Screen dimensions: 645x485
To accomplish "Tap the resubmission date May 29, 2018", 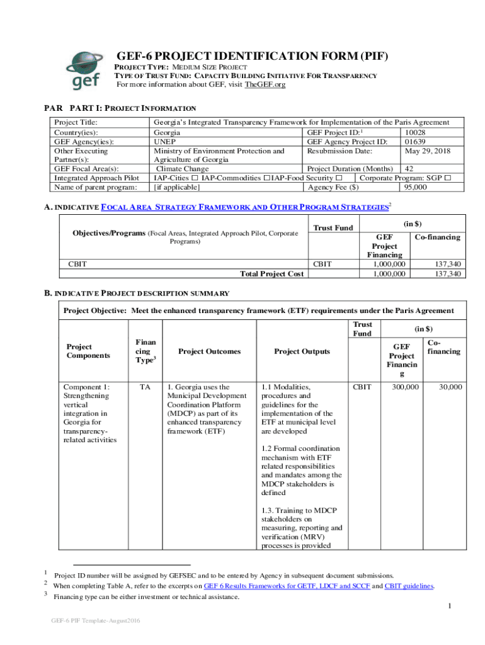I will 427,151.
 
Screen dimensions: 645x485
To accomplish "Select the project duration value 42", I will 409,169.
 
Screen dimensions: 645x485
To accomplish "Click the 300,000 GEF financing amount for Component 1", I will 406,387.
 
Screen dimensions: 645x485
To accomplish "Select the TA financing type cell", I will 143,387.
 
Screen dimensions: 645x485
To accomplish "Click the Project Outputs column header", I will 302,351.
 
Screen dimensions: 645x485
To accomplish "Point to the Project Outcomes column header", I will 209,351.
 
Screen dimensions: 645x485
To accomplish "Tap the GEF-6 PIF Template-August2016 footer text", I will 96,622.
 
